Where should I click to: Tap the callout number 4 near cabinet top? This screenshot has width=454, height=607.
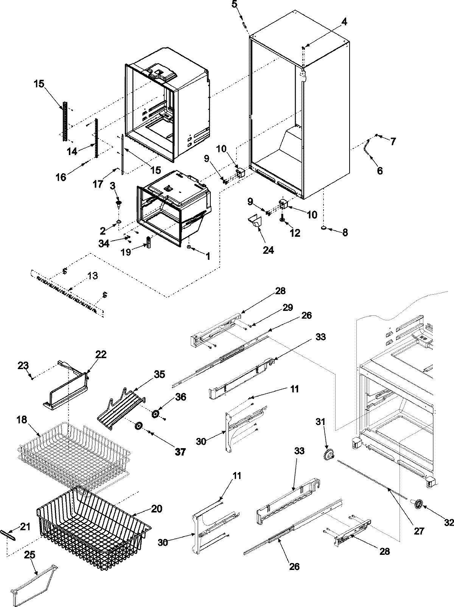point(344,22)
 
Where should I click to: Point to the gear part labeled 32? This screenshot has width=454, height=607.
point(419,504)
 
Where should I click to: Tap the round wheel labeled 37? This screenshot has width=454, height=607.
point(138,426)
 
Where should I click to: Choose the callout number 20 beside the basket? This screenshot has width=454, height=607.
point(156,509)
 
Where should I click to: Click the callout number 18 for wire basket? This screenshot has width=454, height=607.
point(22,420)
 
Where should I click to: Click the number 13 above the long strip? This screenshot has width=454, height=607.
point(92,276)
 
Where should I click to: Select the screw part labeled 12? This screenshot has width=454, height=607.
point(282,219)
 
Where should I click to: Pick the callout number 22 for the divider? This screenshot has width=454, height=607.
point(101,354)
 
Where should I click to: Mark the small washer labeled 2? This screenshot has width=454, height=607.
point(119,221)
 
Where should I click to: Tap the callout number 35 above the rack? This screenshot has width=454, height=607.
point(159,374)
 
